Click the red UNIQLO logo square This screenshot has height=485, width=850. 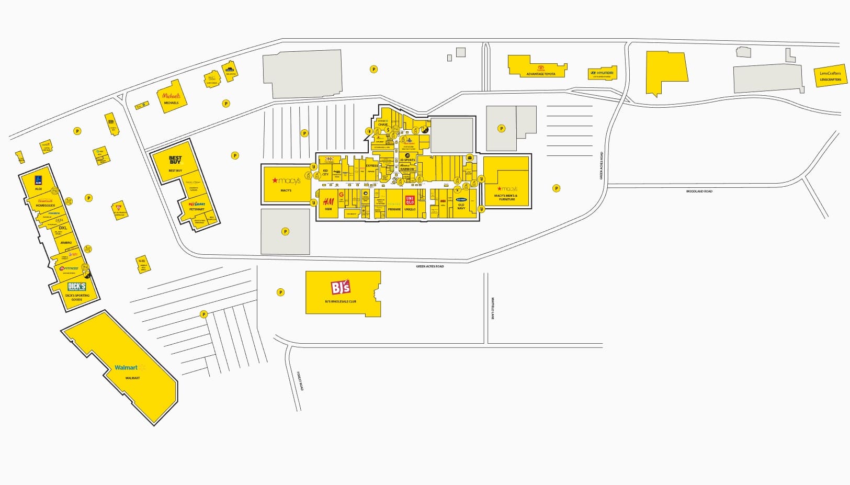(x=410, y=199)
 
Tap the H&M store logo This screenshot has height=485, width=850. (x=328, y=202)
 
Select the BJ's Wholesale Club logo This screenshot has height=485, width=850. (x=341, y=288)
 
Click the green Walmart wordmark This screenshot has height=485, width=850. (x=126, y=367)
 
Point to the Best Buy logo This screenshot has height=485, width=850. (x=175, y=161)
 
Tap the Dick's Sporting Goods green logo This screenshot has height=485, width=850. (x=77, y=287)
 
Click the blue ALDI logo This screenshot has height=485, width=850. (x=38, y=179)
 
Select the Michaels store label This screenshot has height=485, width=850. (x=171, y=103)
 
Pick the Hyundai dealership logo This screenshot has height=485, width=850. (x=603, y=73)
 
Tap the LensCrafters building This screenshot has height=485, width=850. (x=830, y=76)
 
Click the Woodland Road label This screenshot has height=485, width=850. (x=699, y=191)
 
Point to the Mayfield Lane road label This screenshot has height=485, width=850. (x=492, y=309)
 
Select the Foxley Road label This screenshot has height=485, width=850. (x=300, y=380)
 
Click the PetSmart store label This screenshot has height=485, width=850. (x=197, y=209)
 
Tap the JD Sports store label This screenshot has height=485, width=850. (x=407, y=160)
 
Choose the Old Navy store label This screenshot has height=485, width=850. (x=461, y=206)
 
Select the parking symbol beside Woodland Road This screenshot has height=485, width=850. (x=557, y=188)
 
